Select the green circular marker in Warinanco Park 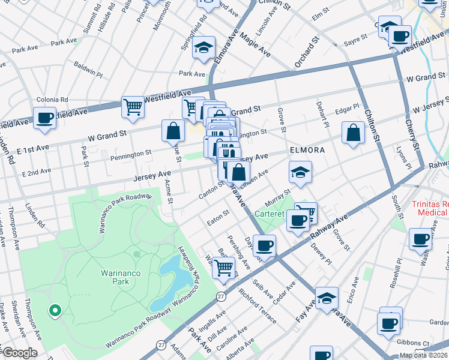click(55, 310)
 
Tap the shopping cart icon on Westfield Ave click(133, 107)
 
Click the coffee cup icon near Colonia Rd click(44, 118)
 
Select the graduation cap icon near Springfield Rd click(204, 47)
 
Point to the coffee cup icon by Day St click(264, 245)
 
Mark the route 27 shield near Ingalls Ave click(221, 296)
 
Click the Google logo click(20, 353)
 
